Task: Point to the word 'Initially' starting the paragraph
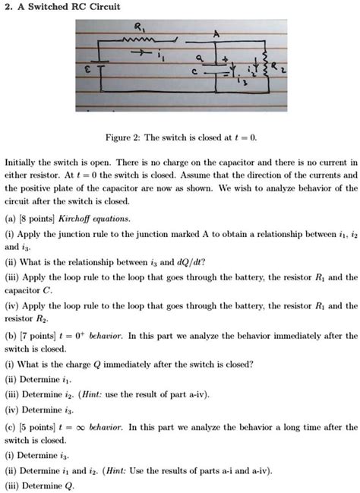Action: click(x=21, y=163)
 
